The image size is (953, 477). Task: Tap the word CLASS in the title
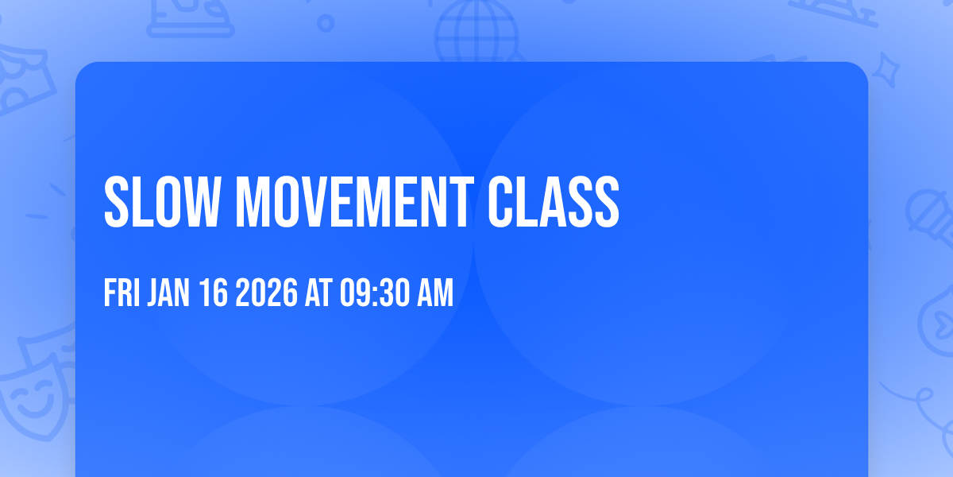(553, 202)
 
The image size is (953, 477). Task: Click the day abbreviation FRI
(122, 294)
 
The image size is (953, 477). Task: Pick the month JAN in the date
(168, 294)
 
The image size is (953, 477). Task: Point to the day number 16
(214, 294)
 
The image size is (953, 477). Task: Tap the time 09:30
(373, 294)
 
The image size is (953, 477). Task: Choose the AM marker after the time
(435, 294)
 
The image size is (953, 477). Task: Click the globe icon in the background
(474, 28)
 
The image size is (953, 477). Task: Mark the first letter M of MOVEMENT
(253, 202)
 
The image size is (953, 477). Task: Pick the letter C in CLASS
(501, 202)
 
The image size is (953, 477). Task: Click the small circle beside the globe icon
(326, 22)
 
